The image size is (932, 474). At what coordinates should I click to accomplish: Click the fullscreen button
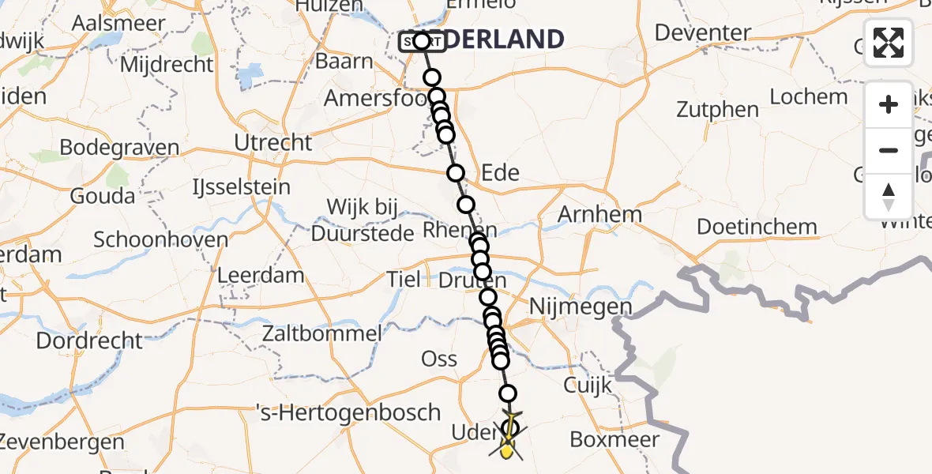pyautogui.click(x=889, y=43)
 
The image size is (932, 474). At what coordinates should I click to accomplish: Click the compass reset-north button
pyautogui.click(x=889, y=196)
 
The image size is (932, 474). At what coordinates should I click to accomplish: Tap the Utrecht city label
pyautogui.click(x=273, y=142)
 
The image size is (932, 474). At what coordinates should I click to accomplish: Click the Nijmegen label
pyautogui.click(x=581, y=306)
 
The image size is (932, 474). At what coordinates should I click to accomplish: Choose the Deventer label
pyautogui.click(x=703, y=33)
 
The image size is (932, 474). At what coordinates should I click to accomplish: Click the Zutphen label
pyautogui.click(x=717, y=110)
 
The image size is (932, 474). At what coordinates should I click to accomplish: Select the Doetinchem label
pyautogui.click(x=757, y=227)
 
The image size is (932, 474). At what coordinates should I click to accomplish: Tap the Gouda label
pyautogui.click(x=103, y=195)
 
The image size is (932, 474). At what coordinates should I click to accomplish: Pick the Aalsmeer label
pyautogui.click(x=111, y=22)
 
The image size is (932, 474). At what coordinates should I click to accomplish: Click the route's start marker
pyautogui.click(x=421, y=41)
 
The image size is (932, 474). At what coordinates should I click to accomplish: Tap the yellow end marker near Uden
pyautogui.click(x=507, y=451)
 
